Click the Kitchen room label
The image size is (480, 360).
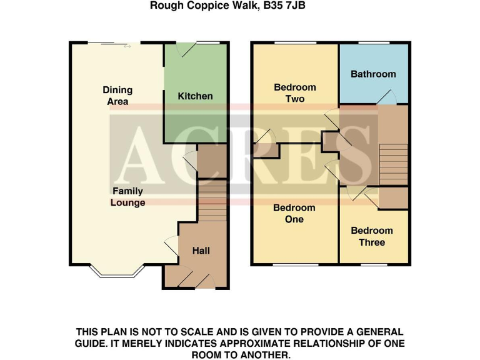[195, 96]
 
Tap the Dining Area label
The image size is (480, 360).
[117, 96]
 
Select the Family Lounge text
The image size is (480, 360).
[127, 197]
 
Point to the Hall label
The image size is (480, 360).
[201, 251]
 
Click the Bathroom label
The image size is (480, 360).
[373, 74]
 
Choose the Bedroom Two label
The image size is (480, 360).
[295, 93]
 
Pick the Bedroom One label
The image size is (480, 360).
[294, 214]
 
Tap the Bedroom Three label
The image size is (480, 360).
[372, 236]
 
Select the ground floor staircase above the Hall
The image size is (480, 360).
[212, 201]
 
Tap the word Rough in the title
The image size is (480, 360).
[164, 6]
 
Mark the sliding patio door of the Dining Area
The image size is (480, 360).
[116, 44]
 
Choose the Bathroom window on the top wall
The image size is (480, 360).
[374, 42]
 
